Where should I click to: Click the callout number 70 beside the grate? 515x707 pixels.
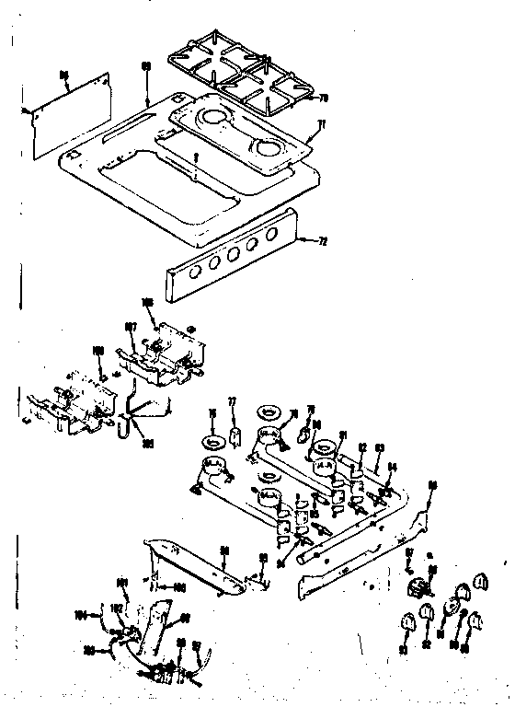[322, 98]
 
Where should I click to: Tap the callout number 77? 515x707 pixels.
[233, 402]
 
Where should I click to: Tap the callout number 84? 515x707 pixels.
[393, 467]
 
